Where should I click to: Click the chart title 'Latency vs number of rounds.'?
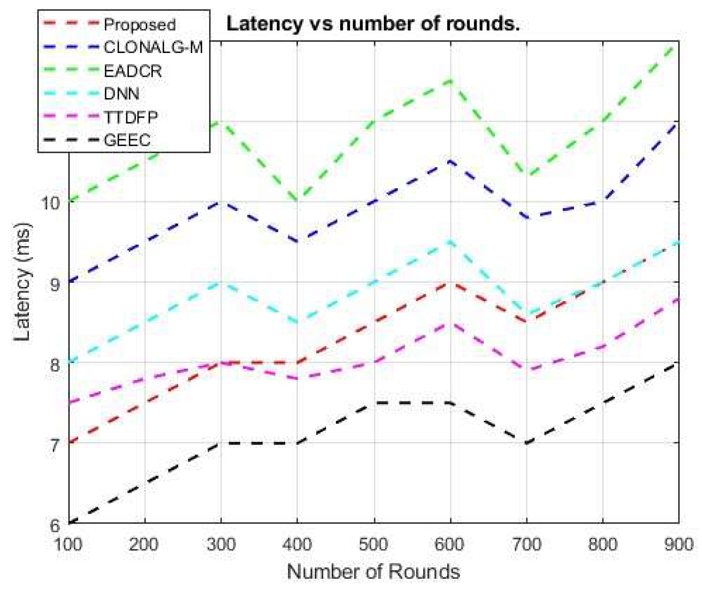[x=373, y=24]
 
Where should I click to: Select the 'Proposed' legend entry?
[x=139, y=25]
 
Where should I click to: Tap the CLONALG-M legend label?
[x=153, y=47]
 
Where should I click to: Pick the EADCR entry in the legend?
[x=133, y=71]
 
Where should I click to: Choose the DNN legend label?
[x=122, y=94]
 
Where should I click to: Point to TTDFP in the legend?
[x=131, y=117]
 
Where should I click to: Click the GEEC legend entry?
[x=127, y=140]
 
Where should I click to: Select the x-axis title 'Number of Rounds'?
[x=373, y=571]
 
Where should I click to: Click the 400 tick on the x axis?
[x=297, y=544]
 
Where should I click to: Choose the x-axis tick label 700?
[x=526, y=544]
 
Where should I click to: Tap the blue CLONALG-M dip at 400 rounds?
[x=298, y=242]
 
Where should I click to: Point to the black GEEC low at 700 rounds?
[x=526, y=443]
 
